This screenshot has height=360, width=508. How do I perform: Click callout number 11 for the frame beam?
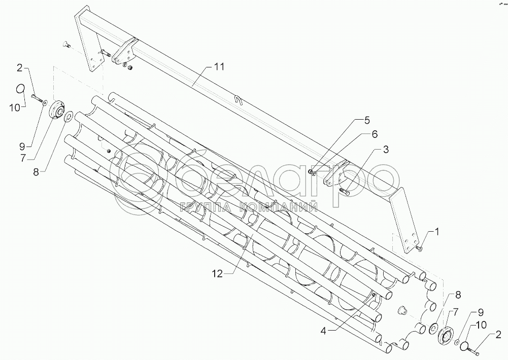point(219,67)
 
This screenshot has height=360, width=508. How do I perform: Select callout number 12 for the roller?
point(218,274)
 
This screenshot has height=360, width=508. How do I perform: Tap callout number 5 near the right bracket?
point(366,121)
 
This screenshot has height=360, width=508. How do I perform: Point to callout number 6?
point(375,134)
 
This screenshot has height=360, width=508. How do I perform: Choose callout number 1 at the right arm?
point(437,232)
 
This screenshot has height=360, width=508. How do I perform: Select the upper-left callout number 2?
point(20,68)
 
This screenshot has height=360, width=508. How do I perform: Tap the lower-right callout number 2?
point(498,336)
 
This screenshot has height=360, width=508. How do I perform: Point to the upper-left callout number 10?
point(15,108)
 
